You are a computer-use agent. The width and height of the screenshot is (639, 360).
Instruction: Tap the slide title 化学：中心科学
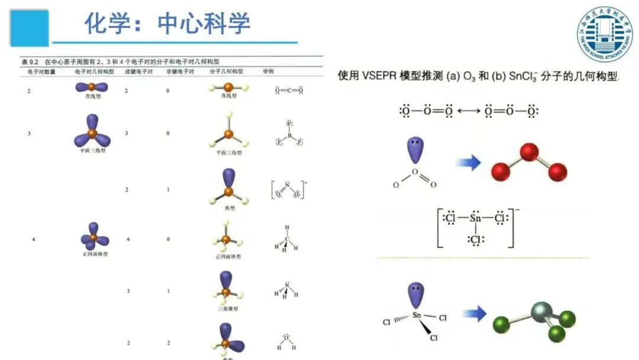click(x=167, y=24)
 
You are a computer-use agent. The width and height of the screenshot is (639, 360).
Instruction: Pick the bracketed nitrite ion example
click(x=289, y=190)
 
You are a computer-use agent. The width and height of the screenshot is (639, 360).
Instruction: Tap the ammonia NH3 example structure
click(x=286, y=292)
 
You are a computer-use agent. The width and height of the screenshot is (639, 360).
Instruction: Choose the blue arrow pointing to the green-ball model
click(x=473, y=314)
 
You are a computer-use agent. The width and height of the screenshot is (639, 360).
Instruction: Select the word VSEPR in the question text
click(x=378, y=76)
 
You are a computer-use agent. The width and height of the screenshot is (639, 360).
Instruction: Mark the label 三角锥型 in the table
click(x=227, y=308)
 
